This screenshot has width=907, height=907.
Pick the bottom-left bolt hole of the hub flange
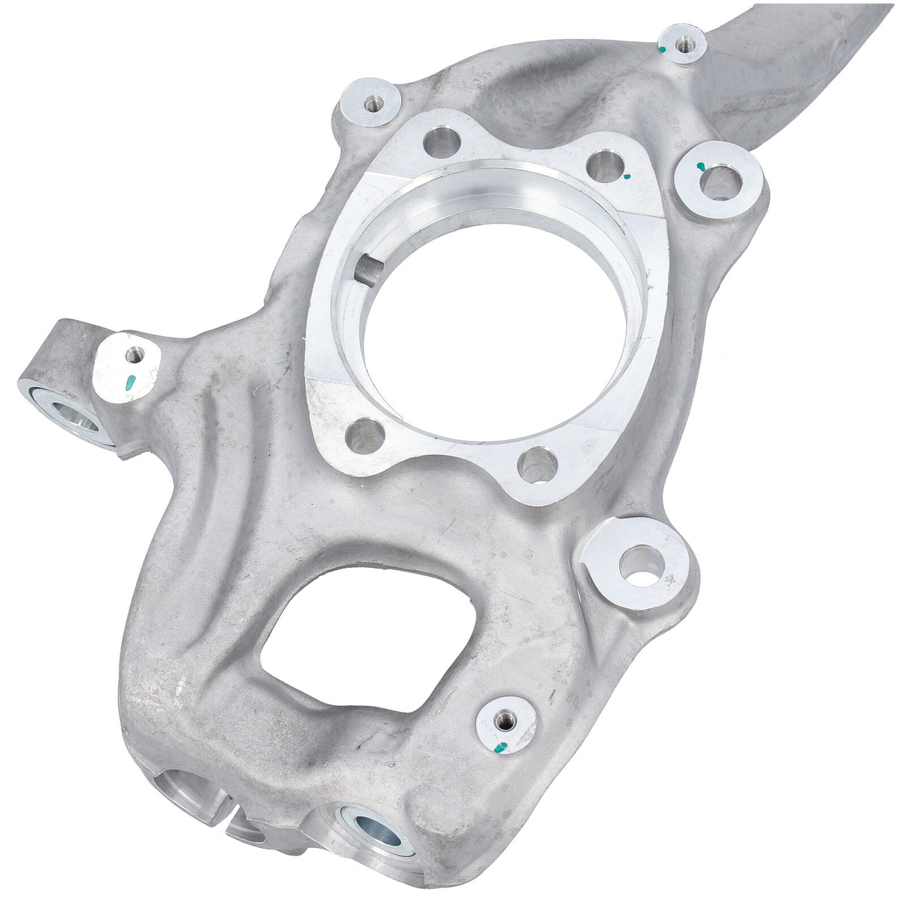click(x=365, y=436)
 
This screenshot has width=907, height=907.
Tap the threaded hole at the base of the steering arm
click(x=682, y=43)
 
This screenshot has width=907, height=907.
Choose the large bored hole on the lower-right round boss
click(x=641, y=564)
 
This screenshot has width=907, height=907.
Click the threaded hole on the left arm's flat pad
click(x=134, y=353)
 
